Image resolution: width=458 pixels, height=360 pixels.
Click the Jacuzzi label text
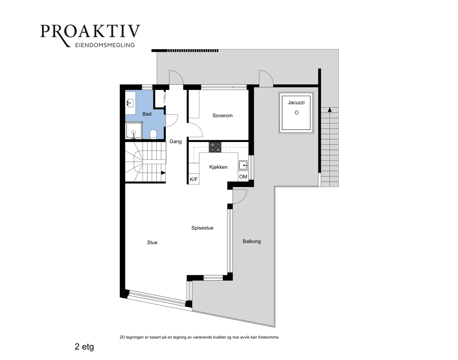click(296, 103)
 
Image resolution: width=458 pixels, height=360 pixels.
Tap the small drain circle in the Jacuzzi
click(297, 113)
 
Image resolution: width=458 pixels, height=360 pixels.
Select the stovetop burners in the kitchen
click(215, 147)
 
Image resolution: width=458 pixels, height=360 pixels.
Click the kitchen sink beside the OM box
click(243, 165)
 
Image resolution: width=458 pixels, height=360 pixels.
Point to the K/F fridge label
click(194, 179)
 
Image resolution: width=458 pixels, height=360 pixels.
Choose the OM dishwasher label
click(243, 177)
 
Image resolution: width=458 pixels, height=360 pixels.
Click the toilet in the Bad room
click(153, 134)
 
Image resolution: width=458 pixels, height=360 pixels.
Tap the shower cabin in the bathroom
click(134, 131)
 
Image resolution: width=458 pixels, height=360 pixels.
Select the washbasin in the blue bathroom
click(130, 103)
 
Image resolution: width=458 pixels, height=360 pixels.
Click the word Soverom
click(222, 116)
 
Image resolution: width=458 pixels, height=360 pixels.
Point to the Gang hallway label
click(175, 142)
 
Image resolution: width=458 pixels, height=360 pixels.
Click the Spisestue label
click(202, 228)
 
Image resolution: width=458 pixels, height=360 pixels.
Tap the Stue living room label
click(152, 242)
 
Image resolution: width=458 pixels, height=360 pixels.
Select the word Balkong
click(252, 241)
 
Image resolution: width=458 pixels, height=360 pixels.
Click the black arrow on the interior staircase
click(163, 173)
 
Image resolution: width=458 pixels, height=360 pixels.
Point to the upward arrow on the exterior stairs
click(330, 110)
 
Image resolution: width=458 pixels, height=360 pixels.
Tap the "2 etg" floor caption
click(84, 347)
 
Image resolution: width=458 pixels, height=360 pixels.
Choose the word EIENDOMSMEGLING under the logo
click(105, 45)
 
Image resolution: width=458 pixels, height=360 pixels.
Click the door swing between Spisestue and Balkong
click(240, 196)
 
